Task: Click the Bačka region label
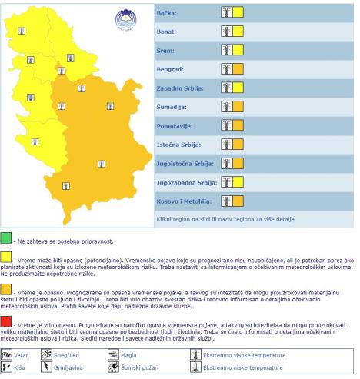167,13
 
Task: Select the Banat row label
167,32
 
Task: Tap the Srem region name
166,51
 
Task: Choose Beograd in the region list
171,70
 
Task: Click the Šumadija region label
172,107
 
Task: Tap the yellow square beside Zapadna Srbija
238,88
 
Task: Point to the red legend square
6,320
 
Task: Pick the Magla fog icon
112,354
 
